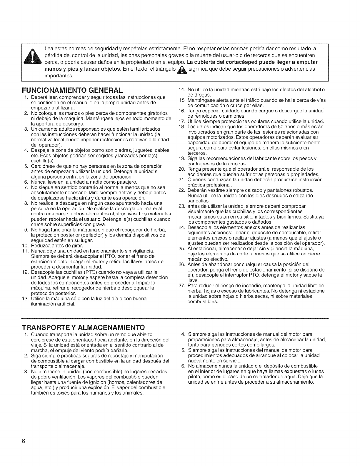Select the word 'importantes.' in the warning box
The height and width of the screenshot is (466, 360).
click(59, 76)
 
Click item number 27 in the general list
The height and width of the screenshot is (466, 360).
click(181, 286)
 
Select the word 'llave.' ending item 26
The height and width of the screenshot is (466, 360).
click(193, 280)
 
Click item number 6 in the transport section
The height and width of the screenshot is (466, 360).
click(183, 366)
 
